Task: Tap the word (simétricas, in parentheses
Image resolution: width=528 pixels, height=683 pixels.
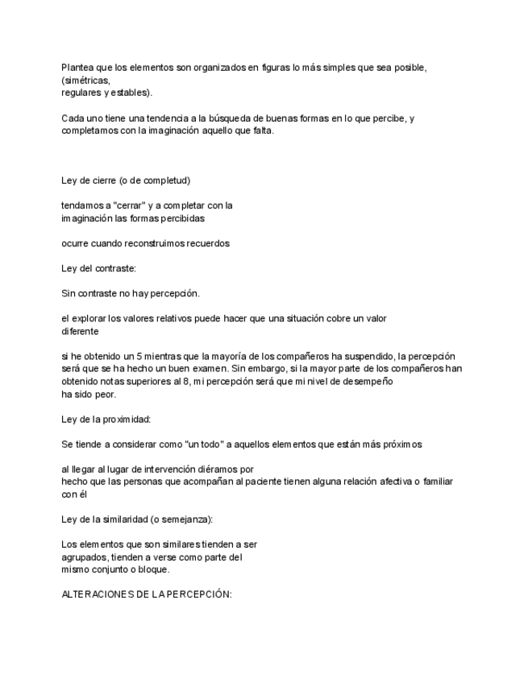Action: pyautogui.click(x=85, y=81)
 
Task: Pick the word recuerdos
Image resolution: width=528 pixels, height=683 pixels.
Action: pyautogui.click(x=207, y=243)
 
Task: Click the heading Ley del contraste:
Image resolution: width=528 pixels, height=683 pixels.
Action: pyautogui.click(x=98, y=268)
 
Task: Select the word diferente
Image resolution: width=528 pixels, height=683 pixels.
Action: pyautogui.click(x=80, y=330)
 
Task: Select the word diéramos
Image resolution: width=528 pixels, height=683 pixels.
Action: pyautogui.click(x=210, y=469)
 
